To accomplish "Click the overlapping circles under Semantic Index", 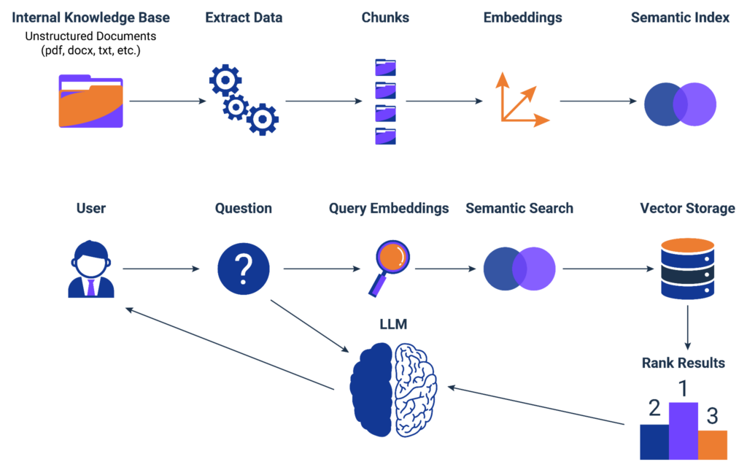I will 680,104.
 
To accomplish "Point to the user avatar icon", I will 91,270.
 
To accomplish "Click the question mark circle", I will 243,269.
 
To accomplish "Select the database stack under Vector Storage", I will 687,269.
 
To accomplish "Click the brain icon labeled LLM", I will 393,389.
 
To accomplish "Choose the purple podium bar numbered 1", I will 684,431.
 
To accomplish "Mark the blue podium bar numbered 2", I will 654,442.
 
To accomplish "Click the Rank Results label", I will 683,363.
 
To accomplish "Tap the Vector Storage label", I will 687,209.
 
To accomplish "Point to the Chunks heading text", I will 384,18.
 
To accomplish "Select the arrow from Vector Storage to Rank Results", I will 687,328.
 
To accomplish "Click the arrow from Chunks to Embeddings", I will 444,101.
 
